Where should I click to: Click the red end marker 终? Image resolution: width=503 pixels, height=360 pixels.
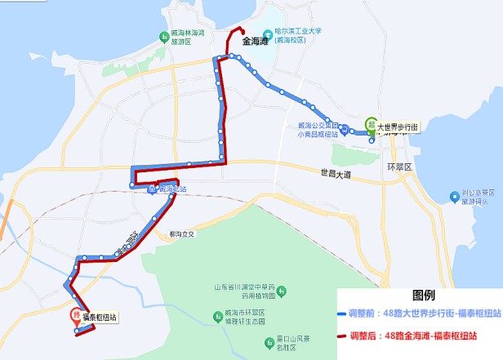pyautogui.click(x=76, y=313)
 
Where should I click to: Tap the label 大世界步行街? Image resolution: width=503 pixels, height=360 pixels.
pyautogui.click(x=398, y=127)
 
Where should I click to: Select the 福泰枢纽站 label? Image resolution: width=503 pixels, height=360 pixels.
pyautogui.click(x=100, y=318)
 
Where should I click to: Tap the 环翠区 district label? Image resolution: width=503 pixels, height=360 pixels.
pyautogui.click(x=399, y=166)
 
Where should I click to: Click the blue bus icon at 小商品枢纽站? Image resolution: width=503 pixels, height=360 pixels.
pyautogui.click(x=345, y=128)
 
